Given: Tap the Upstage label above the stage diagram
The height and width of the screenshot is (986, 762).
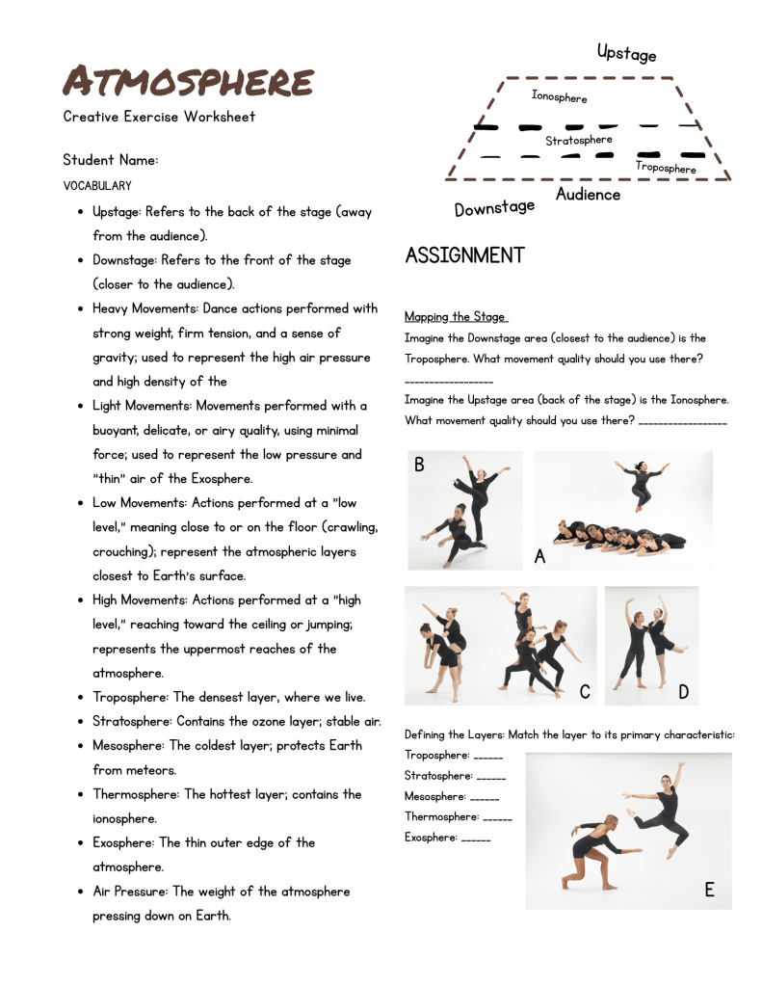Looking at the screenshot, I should (x=626, y=52).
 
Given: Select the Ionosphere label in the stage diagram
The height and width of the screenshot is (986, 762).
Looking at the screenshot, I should (x=559, y=96).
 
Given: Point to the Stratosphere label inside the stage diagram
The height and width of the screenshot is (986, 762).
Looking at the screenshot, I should (x=579, y=141).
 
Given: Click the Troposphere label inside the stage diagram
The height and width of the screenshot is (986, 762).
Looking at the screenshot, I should (x=666, y=168).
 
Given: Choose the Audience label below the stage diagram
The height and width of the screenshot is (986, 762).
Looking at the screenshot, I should (x=588, y=195).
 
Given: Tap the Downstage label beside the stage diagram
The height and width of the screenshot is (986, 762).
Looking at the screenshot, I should (x=494, y=207).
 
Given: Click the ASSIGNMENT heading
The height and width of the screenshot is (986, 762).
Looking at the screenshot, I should (x=465, y=255).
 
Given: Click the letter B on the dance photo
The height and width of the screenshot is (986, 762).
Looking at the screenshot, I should (x=419, y=466).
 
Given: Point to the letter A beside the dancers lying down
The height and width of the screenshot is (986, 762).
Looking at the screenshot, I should (x=539, y=556).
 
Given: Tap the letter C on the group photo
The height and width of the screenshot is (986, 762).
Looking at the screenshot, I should (x=585, y=692).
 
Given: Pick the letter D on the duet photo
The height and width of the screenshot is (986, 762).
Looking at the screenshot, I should (x=683, y=692).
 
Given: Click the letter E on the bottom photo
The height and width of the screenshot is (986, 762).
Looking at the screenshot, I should (x=709, y=890).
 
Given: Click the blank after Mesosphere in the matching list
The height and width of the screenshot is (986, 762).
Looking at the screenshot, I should (x=485, y=798).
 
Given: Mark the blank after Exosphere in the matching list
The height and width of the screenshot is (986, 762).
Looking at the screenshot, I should (x=476, y=839).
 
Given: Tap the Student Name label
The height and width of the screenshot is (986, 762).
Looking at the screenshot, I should (x=111, y=160).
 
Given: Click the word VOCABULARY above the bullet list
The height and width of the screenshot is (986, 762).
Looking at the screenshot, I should (x=97, y=186).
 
